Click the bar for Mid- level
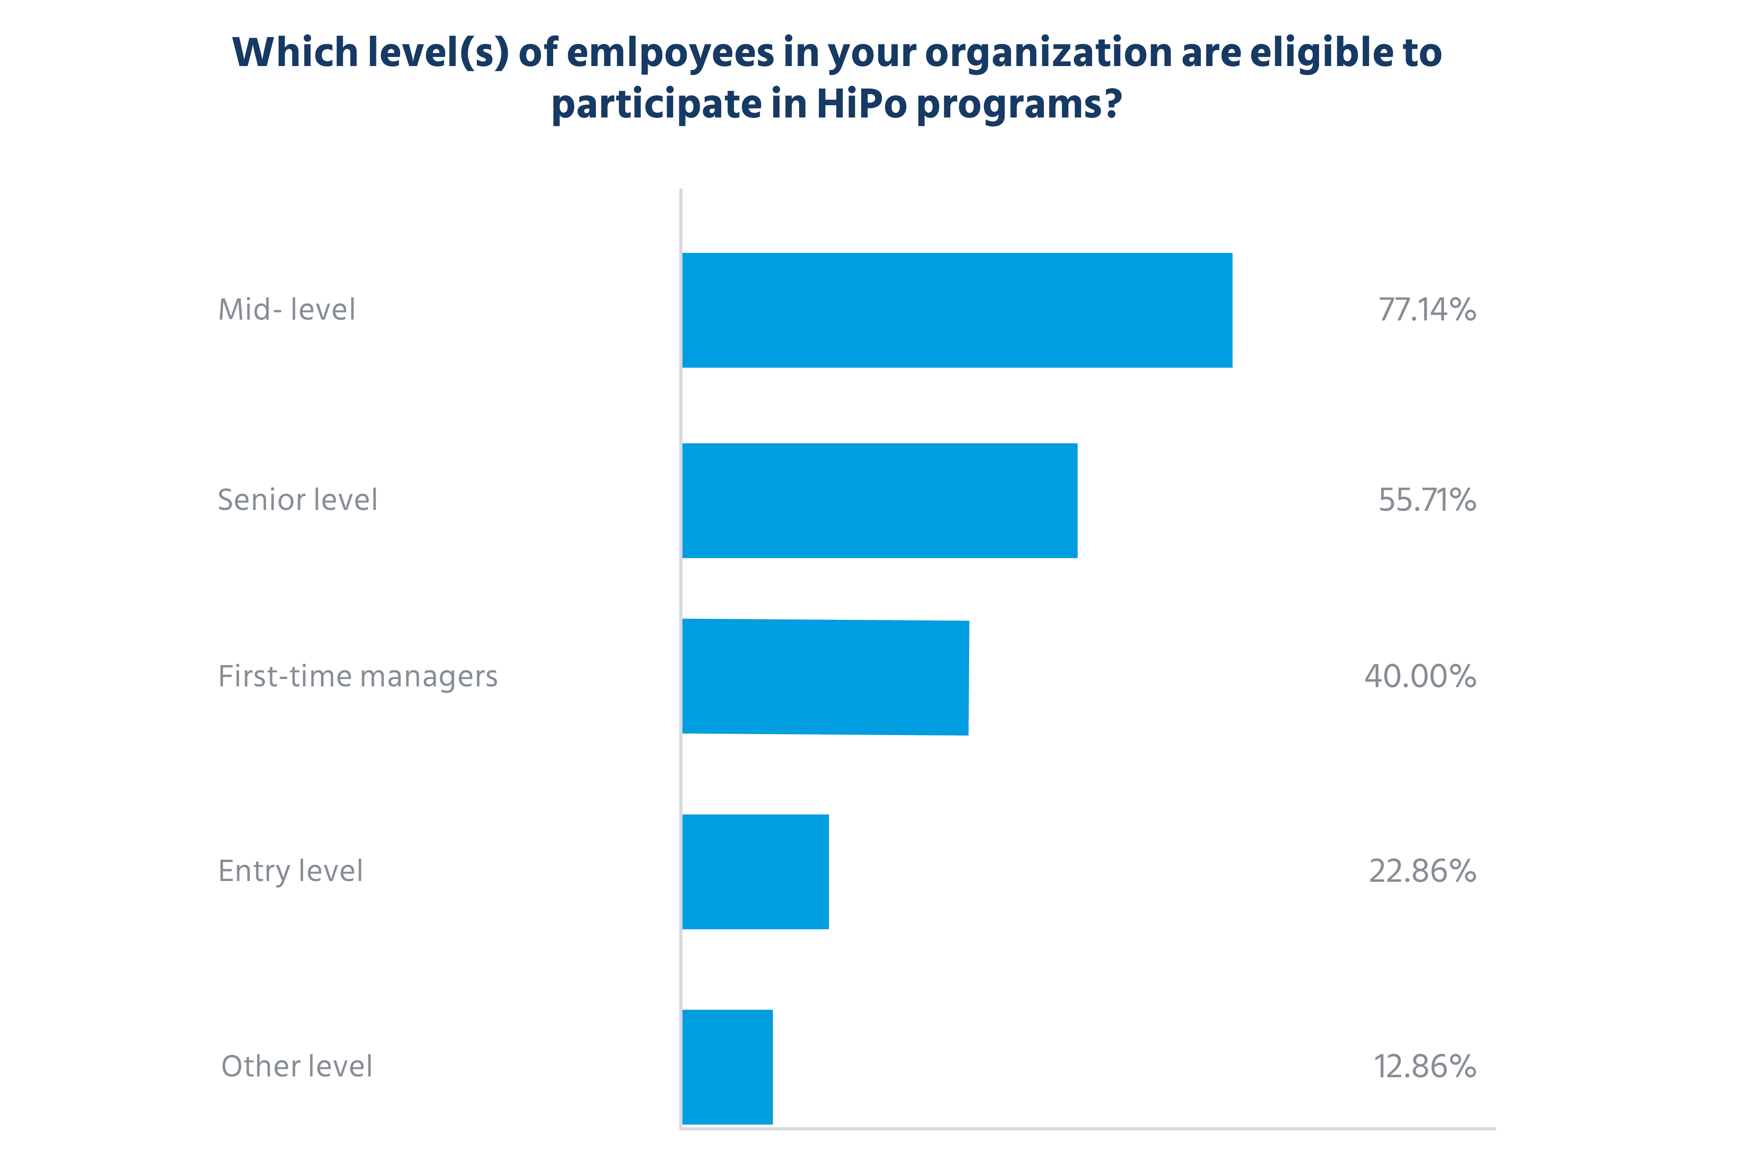coord(957,310)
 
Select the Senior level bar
coord(879,500)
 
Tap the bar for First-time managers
coord(825,677)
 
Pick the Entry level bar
coord(755,872)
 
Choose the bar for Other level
coord(727,1067)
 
